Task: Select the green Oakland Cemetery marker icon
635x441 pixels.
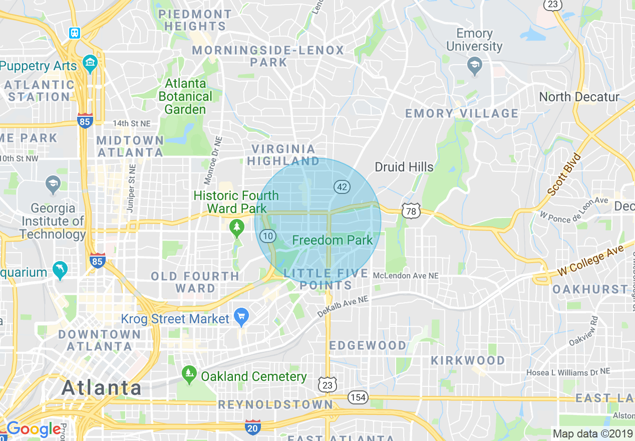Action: click(189, 373)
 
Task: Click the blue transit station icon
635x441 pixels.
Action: click(75, 33)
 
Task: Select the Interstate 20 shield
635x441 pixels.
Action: click(253, 427)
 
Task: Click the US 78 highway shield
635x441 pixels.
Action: click(411, 211)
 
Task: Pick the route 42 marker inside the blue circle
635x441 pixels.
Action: click(342, 187)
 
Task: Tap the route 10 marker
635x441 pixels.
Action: click(268, 236)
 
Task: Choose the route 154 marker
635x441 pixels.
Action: click(359, 398)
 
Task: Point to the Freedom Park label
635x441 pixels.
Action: click(333, 240)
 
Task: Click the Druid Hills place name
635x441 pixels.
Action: click(404, 167)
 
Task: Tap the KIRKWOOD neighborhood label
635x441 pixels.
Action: click(468, 360)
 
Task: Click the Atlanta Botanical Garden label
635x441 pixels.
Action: click(185, 96)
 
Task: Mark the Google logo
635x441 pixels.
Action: click(33, 429)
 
